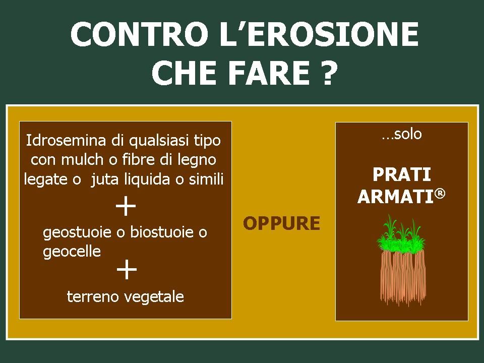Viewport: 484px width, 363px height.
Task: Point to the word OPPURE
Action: coord(281,223)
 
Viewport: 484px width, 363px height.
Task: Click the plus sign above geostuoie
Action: coord(126,206)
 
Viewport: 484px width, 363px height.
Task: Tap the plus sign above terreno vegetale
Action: coord(127,269)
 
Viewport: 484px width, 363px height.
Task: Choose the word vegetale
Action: coord(154,297)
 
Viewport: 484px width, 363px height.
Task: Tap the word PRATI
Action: coord(402,175)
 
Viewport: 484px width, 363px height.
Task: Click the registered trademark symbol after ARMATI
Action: coord(441,193)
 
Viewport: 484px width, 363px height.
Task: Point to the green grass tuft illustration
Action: coord(399,233)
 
